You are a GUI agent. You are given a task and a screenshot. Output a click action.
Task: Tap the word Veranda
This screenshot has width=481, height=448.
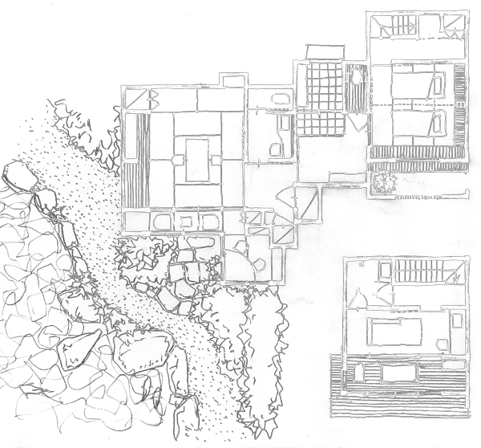tap(196, 222)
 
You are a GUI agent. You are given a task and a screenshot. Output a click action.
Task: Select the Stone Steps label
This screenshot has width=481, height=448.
tap(170, 273)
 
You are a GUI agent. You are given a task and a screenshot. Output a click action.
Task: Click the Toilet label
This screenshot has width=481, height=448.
tap(355, 78)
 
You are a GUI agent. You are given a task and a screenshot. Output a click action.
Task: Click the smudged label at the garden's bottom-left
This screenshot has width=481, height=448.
tap(93, 409)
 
